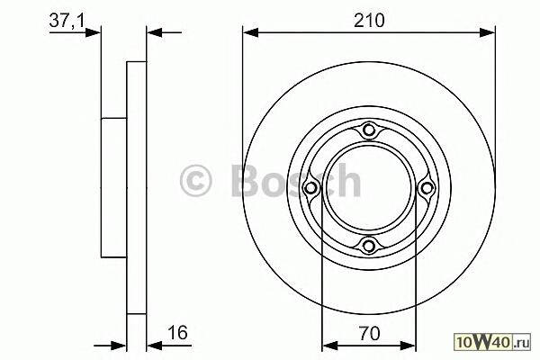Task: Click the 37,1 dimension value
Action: click(67, 21)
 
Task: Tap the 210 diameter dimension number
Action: click(369, 21)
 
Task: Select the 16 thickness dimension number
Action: click(177, 332)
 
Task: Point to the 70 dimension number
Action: click(369, 333)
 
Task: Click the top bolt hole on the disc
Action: click(369, 130)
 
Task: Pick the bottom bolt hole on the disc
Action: click(369, 246)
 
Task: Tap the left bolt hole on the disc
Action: click(311, 188)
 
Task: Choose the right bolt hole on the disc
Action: click(427, 188)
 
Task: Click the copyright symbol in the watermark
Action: click(195, 181)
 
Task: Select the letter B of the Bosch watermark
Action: click(246, 180)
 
